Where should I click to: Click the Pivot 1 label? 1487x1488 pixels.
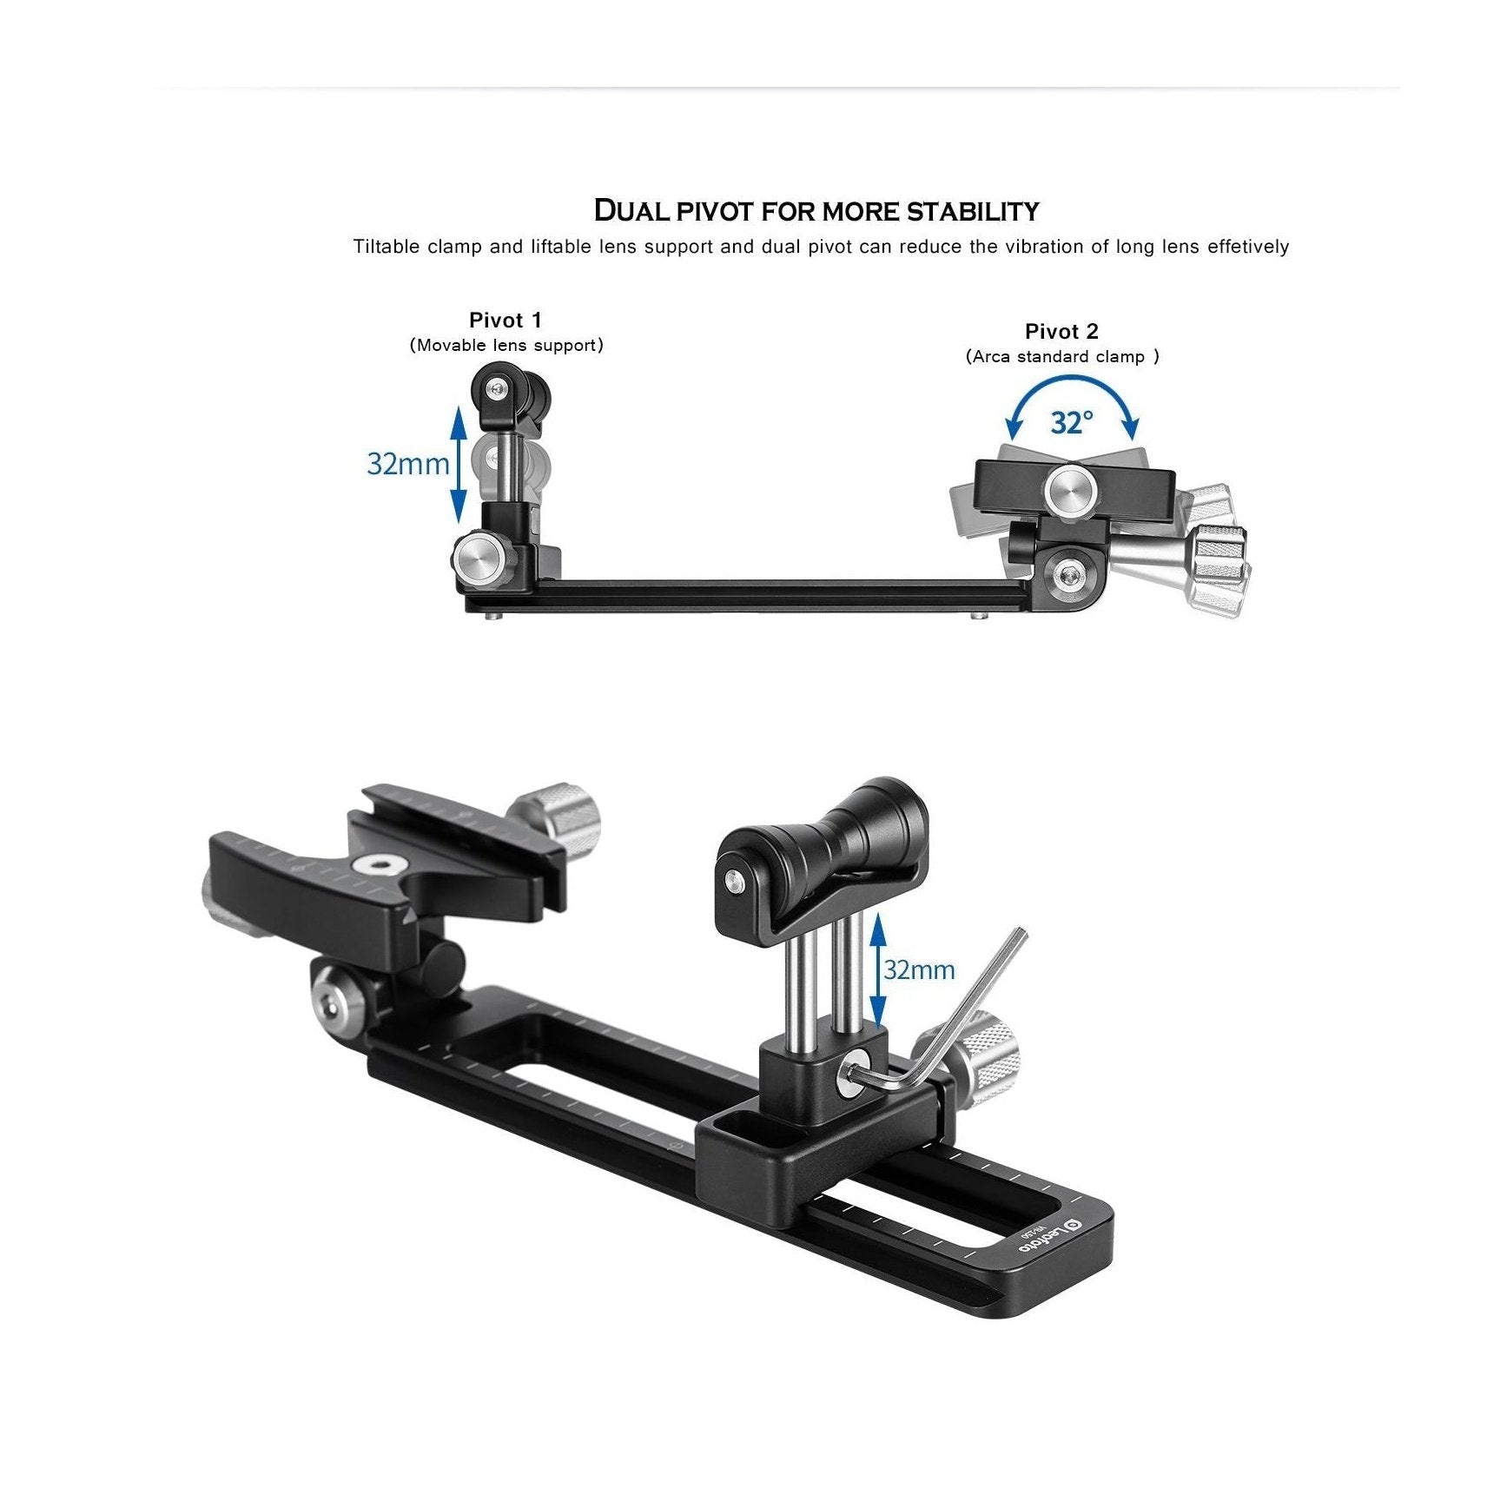tap(505, 320)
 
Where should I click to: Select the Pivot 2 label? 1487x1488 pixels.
tap(1061, 331)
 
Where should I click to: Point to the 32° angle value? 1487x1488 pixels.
tap(1072, 423)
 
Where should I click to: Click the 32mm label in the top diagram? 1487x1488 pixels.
tap(407, 464)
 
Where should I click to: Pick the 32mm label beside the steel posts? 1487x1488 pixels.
tap(918, 969)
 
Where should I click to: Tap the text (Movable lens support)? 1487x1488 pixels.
tap(506, 346)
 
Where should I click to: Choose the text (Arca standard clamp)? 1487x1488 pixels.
tap(1061, 357)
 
